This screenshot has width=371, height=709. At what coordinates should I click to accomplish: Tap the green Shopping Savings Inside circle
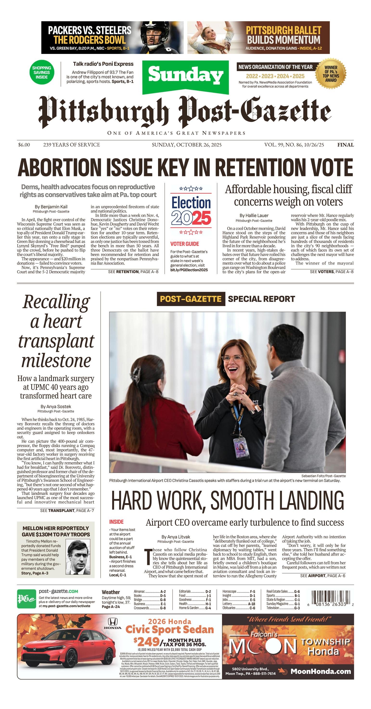click(42, 72)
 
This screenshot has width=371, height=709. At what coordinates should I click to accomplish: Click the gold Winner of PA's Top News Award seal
click(331, 74)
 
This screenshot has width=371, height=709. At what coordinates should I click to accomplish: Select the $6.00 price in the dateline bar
click(24, 145)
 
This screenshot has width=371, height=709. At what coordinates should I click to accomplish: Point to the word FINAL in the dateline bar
click(345, 145)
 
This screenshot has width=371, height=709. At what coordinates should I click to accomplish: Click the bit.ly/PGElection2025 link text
click(189, 270)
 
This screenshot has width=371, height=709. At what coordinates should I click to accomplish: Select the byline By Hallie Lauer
click(254, 216)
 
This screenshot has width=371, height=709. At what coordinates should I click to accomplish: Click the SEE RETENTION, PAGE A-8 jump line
click(133, 272)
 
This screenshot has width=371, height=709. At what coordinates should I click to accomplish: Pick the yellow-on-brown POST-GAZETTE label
click(191, 299)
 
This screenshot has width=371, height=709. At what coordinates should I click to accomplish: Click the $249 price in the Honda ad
click(147, 642)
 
